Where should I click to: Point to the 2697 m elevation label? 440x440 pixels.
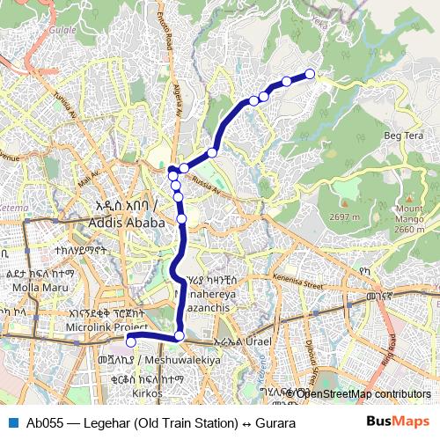coord(344,217)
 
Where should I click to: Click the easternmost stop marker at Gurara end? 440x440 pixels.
coord(310,74)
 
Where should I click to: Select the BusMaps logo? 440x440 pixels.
coord(398,422)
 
